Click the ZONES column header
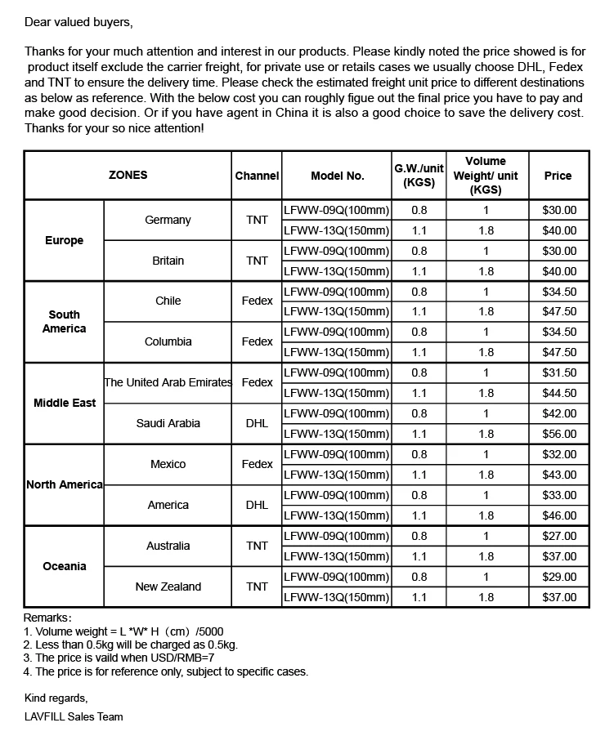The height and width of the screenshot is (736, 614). point(128,176)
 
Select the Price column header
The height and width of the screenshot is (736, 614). point(558,176)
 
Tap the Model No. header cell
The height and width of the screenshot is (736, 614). point(338,176)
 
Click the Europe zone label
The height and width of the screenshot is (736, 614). point(65,241)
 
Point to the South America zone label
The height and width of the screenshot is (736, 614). point(65,322)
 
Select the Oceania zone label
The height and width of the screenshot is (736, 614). point(65,566)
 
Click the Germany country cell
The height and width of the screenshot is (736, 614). point(168,220)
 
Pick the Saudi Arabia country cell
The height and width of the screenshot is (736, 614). point(168,423)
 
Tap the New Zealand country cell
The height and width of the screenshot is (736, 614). point(168,587)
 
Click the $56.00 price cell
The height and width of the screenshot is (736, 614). point(559,434)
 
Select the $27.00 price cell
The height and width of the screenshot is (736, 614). point(559,536)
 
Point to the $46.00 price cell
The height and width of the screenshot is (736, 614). point(559,515)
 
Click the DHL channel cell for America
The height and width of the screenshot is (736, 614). point(257,505)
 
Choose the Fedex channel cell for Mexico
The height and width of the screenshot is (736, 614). point(257,464)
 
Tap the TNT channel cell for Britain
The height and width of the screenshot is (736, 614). point(257,261)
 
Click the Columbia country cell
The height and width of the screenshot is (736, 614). point(168,341)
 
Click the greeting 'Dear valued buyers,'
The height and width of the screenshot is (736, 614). point(78,20)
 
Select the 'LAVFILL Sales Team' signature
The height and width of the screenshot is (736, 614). point(74,716)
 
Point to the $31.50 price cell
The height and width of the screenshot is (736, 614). point(559,372)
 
